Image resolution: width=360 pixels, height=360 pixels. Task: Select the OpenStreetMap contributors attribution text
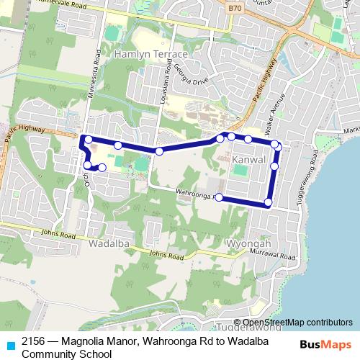(297, 323)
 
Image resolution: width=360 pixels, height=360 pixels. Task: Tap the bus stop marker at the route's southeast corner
(268, 202)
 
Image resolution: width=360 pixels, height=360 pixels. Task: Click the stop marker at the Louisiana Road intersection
(158, 150)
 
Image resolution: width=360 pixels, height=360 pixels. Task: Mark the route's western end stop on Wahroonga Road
(218, 198)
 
